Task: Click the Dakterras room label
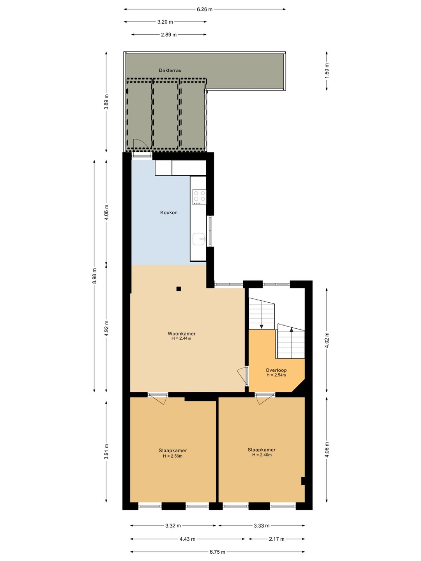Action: click(x=170, y=70)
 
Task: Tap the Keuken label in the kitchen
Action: click(x=169, y=212)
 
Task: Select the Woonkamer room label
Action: click(x=182, y=333)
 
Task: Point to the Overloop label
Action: click(x=276, y=370)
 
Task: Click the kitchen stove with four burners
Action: click(x=199, y=197)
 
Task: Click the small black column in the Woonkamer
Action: click(x=179, y=289)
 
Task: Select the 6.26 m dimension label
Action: click(x=205, y=9)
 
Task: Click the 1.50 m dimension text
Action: click(x=327, y=70)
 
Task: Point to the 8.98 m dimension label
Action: click(x=94, y=276)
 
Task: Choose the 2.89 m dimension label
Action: click(x=169, y=35)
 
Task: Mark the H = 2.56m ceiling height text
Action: click(x=173, y=456)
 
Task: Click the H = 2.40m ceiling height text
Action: click(x=262, y=455)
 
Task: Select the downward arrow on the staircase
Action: click(x=262, y=326)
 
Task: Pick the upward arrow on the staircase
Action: click(x=292, y=330)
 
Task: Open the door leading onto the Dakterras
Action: click(x=142, y=147)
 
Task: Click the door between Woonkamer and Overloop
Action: click(x=242, y=376)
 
